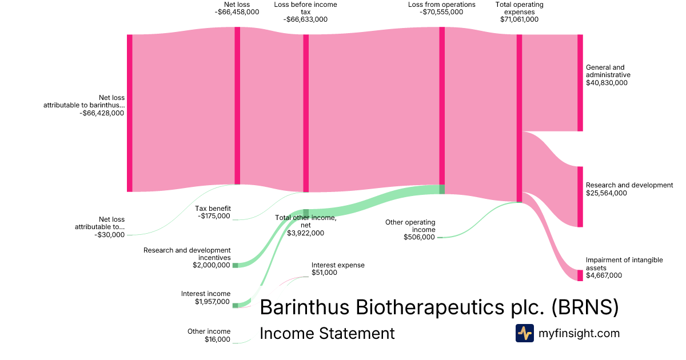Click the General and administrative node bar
(x=580, y=83)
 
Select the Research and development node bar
(x=580, y=197)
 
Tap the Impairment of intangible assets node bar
(x=580, y=275)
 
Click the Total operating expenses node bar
(x=519, y=118)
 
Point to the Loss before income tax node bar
(x=306, y=113)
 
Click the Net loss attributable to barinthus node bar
(x=130, y=113)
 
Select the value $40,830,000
(x=607, y=83)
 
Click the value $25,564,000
(x=607, y=193)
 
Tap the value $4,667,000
(x=604, y=275)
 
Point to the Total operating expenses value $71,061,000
(x=516, y=19)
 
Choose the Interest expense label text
(x=338, y=265)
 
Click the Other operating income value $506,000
(x=419, y=237)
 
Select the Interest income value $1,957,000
(x=212, y=302)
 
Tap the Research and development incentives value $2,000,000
(x=211, y=265)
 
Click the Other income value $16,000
(x=217, y=339)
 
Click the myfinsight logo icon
(x=524, y=333)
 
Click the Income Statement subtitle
(x=327, y=333)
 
